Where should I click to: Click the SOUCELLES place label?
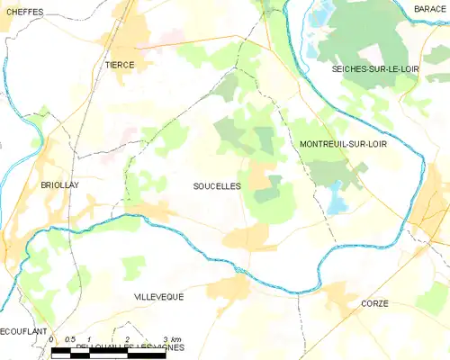[x=217, y=185]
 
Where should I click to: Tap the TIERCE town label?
[x=120, y=65]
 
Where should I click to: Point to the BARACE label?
[x=430, y=8]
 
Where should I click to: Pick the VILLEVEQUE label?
[x=158, y=295]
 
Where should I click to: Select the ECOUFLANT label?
[x=22, y=331]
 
